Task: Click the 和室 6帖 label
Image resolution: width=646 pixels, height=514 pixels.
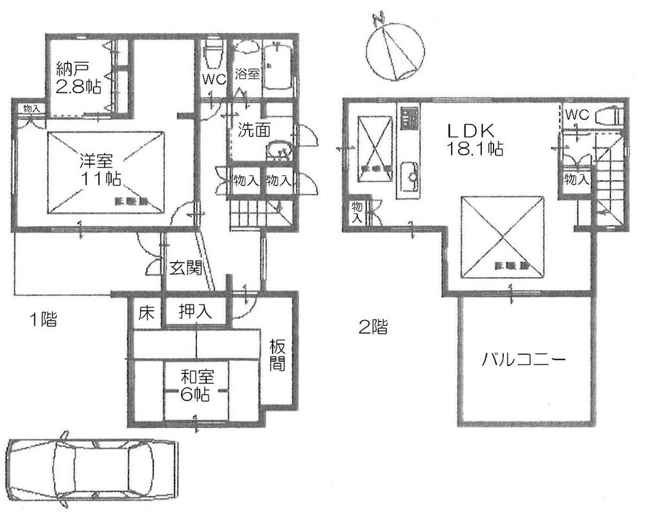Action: pyautogui.click(x=194, y=385)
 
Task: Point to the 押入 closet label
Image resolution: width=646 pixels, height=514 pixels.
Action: pyautogui.click(x=194, y=312)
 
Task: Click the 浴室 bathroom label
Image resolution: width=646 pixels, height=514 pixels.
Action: pyautogui.click(x=247, y=73)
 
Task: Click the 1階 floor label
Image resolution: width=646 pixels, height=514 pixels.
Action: pyautogui.click(x=42, y=319)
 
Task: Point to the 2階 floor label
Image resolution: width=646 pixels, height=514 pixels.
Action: pyautogui.click(x=373, y=327)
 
